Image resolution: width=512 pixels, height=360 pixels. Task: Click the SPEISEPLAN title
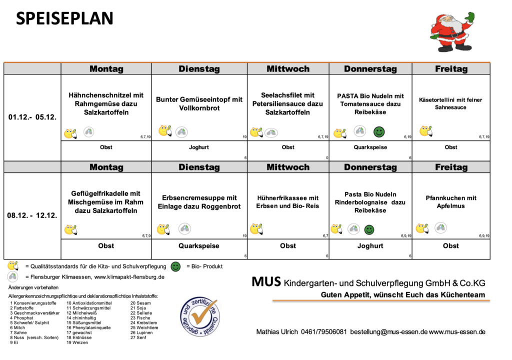[x=65, y=18]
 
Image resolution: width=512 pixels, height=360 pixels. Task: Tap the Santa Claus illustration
[x=452, y=32]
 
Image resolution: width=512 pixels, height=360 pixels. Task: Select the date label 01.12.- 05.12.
[x=32, y=117]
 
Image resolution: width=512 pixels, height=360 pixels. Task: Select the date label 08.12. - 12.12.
[x=32, y=216]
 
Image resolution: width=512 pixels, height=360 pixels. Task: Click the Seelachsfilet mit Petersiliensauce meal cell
[x=287, y=103]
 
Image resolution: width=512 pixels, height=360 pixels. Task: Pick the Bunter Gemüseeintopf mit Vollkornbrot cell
[x=199, y=103]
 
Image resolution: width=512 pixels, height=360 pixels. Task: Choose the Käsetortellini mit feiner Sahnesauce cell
[x=450, y=103]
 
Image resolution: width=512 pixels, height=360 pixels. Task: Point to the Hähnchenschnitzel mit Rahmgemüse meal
[x=106, y=103]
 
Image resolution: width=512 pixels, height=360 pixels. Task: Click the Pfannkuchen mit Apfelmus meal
[x=450, y=202]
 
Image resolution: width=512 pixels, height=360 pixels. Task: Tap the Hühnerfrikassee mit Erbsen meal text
[x=287, y=202]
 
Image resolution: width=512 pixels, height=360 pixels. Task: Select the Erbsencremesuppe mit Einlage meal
[x=199, y=202]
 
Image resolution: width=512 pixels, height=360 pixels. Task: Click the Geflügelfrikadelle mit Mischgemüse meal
[x=106, y=202]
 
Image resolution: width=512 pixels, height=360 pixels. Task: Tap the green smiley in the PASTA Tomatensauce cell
[x=379, y=132]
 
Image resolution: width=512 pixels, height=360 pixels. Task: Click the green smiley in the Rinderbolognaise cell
[x=369, y=229]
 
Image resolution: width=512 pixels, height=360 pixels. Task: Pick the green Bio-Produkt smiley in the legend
[x=176, y=266]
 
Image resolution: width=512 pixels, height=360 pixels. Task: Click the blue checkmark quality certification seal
[x=199, y=318]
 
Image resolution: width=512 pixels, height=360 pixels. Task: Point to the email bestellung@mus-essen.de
[x=388, y=332]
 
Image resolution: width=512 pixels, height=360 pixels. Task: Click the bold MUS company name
[x=265, y=282]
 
